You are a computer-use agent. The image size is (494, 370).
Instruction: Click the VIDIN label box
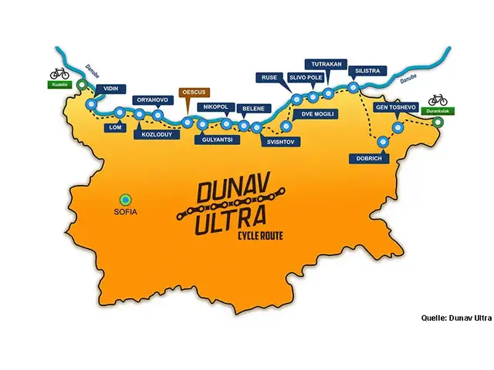click(111, 89)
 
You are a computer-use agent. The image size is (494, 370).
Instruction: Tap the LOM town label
click(117, 126)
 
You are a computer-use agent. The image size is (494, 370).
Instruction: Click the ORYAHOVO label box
click(151, 99)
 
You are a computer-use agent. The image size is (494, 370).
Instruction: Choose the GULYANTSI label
click(218, 140)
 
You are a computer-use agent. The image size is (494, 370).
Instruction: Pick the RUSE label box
click(269, 78)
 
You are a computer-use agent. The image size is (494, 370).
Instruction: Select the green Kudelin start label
click(60, 86)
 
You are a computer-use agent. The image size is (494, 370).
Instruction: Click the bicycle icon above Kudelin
click(59, 72)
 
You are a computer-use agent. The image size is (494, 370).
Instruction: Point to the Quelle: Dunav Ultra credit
click(456, 317)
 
